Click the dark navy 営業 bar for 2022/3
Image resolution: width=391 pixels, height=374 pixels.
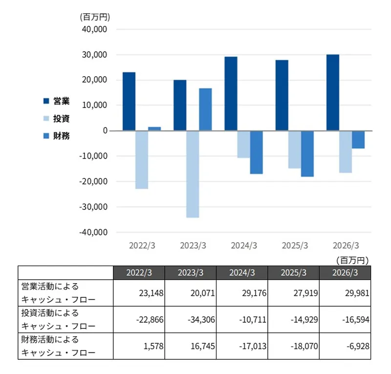pos(129,102)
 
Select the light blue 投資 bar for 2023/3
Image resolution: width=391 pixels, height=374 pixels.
pos(193,174)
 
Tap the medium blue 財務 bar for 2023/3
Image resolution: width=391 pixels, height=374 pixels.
pos(205,109)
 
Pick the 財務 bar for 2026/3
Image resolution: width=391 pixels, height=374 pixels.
pos(358,140)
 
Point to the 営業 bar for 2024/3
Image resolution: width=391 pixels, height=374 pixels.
pos(231,94)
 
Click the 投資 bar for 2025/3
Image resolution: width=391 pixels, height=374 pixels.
pos(295,149)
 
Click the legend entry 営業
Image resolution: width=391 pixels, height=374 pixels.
pos(57,101)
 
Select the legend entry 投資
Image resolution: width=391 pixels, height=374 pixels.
pos(57,118)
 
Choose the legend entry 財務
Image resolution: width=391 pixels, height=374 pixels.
pos(57,136)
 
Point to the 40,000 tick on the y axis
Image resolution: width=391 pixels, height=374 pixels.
pos(94,29)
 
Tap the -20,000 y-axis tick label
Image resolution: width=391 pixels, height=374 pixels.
pos(93,182)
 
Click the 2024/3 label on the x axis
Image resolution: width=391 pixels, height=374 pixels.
pos(244,246)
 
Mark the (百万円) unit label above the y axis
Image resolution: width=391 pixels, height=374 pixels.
pos(95,17)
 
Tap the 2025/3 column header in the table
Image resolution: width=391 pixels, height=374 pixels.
pos(294,272)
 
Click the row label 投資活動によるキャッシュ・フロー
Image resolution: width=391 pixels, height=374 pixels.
pos(58,319)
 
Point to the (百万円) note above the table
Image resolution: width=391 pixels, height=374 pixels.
pos(352,261)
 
